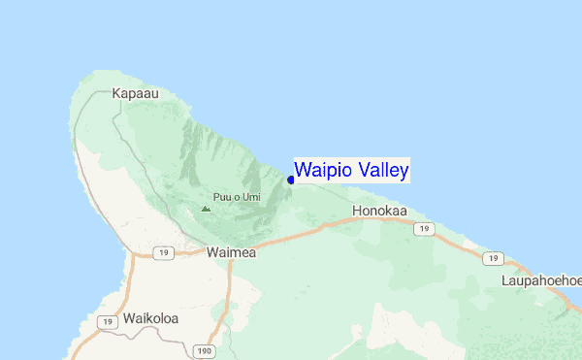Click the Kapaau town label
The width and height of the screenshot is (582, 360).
tap(135, 94)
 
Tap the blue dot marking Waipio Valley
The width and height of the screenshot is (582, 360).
tap(291, 180)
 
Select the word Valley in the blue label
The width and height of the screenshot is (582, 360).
tap(381, 171)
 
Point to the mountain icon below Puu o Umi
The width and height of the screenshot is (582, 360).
tap(205, 208)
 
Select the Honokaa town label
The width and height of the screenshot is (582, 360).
tap(379, 210)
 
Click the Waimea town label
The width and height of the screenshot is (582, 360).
tap(231, 251)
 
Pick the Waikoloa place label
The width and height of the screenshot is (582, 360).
tap(152, 318)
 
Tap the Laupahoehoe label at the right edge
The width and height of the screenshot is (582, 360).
tap(541, 280)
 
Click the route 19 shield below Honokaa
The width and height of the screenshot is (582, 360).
tap(421, 228)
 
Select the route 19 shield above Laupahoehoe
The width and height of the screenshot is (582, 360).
tap(494, 258)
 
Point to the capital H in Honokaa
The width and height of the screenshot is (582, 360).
tap(357, 210)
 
